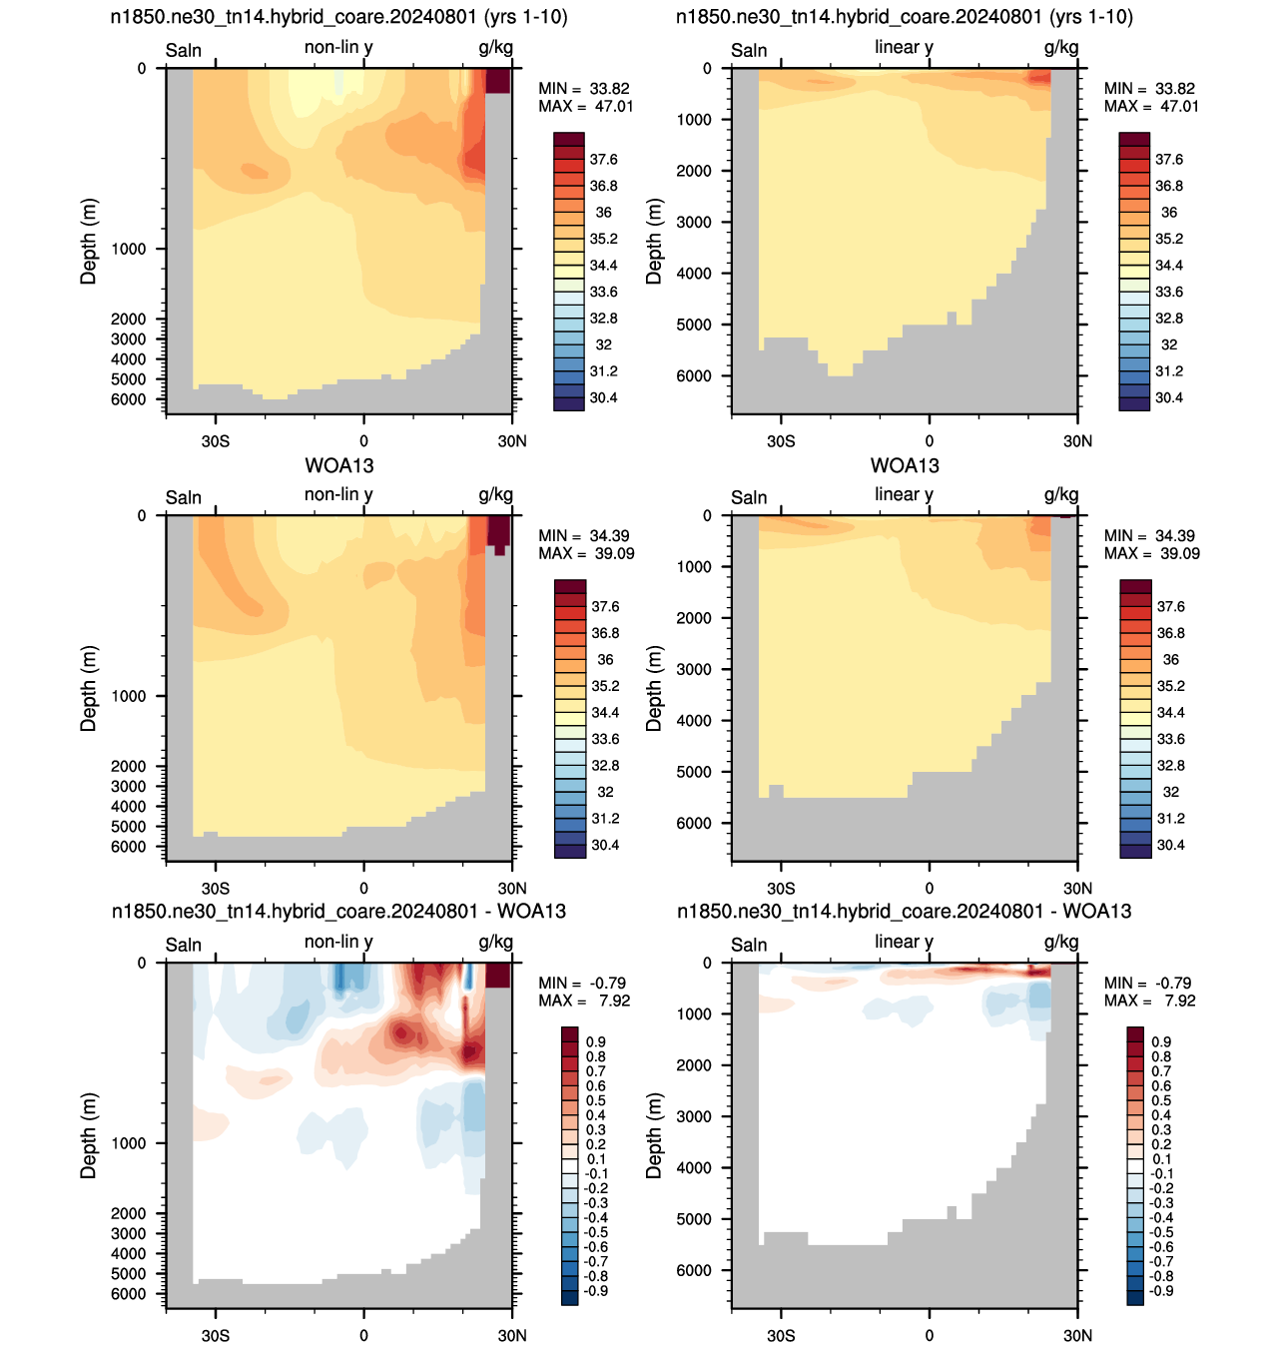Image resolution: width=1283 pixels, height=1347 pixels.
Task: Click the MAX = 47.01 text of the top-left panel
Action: pos(585,106)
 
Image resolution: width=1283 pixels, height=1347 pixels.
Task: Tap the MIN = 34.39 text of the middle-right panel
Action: pos(1150,536)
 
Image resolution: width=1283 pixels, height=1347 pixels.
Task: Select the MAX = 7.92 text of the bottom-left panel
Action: pos(584,1001)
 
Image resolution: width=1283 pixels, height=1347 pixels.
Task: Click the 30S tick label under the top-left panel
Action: pos(216,441)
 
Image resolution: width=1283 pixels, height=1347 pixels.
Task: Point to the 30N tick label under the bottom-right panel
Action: pos(1077,1335)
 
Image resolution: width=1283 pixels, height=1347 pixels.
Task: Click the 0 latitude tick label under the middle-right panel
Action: pos(930,889)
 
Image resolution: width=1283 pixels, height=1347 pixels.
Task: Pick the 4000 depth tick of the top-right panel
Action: pos(694,274)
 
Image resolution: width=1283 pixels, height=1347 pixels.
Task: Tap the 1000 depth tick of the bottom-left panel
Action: pos(128,1143)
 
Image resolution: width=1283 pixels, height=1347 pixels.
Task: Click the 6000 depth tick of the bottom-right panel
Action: pos(694,1270)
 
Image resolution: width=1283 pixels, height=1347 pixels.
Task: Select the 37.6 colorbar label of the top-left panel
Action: pos(604,160)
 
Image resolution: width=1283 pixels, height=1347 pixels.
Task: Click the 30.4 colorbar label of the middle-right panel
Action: pos(1170,846)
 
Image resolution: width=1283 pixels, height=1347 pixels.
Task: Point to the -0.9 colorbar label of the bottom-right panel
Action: pos(1161,1291)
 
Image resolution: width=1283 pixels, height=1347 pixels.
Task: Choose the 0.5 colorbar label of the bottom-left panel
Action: pos(596,1100)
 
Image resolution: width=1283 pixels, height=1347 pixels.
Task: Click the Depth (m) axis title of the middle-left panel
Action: pos(89,689)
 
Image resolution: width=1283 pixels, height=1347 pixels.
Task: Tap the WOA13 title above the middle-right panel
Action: pos(905,466)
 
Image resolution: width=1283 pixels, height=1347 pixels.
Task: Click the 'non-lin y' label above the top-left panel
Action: pos(338,48)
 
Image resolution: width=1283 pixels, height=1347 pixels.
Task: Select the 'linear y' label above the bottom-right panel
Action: pos(904,942)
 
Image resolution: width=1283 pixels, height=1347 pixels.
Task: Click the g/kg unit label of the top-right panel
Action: pos(1061,48)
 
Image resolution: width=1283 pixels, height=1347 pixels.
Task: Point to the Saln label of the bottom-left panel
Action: pos(183,945)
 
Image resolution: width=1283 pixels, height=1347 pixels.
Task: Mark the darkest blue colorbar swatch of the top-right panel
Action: pos(1134,404)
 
